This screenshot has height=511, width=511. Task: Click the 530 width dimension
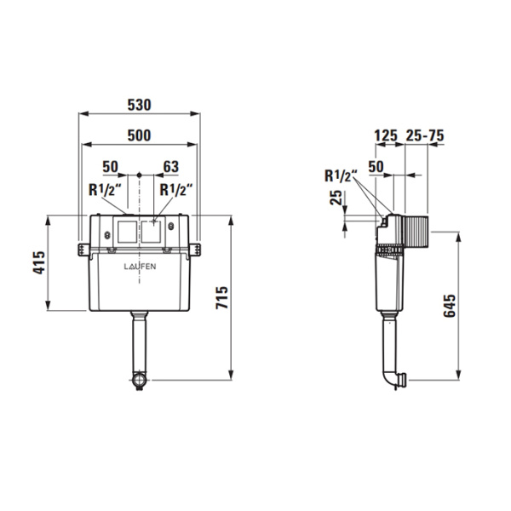pyautogui.click(x=139, y=105)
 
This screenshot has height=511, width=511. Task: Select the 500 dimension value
pyautogui.click(x=139, y=135)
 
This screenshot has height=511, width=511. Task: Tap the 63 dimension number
pyautogui.click(x=171, y=167)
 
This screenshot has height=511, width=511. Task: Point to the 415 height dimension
pyautogui.click(x=39, y=262)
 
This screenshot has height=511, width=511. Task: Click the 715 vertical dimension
pyautogui.click(x=222, y=297)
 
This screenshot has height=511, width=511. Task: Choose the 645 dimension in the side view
pyautogui.click(x=450, y=306)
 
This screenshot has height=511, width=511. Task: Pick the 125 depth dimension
pyautogui.click(x=386, y=135)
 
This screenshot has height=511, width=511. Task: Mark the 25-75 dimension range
pyautogui.click(x=425, y=135)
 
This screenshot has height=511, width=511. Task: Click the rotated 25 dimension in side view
pyautogui.click(x=336, y=198)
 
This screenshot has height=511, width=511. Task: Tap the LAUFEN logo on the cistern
pyautogui.click(x=140, y=267)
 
